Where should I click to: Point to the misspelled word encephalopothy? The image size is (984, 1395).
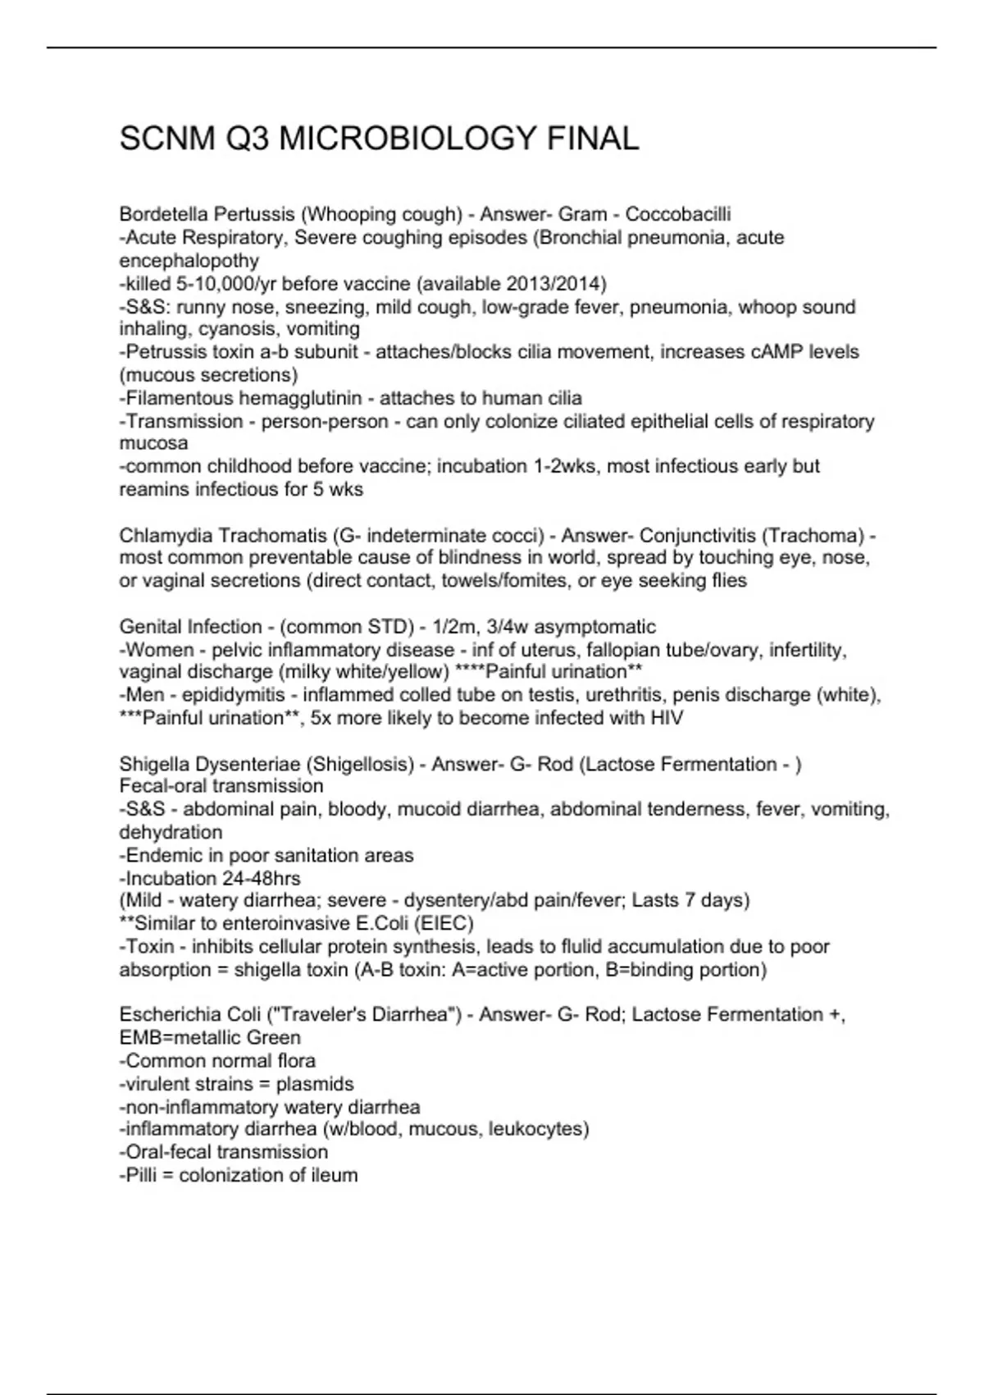click(189, 261)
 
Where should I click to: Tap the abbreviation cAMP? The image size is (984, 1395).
click(777, 352)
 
